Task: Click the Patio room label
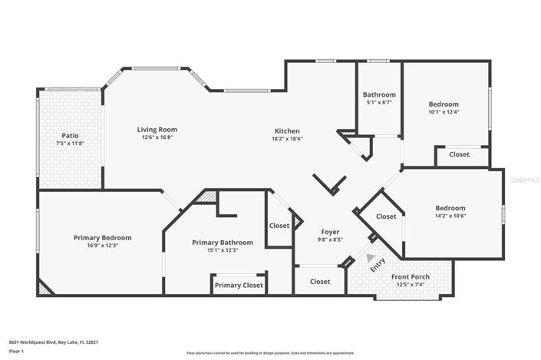pyautogui.click(x=70, y=135)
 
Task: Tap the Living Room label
pyautogui.click(x=157, y=130)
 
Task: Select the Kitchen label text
pyautogui.click(x=287, y=131)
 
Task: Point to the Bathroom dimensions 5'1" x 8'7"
pyautogui.click(x=379, y=102)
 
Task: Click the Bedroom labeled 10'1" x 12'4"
pyautogui.click(x=443, y=104)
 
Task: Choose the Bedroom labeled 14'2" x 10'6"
pyautogui.click(x=450, y=208)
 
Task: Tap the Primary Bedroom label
pyautogui.click(x=102, y=237)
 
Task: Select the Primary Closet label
pyautogui.click(x=239, y=285)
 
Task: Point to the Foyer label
pyautogui.click(x=331, y=232)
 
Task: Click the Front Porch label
pyautogui.click(x=410, y=277)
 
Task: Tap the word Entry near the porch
pyautogui.click(x=378, y=265)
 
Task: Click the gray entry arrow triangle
pyautogui.click(x=371, y=258)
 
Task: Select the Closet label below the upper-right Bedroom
pyautogui.click(x=459, y=154)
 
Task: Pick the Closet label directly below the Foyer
pyautogui.click(x=320, y=282)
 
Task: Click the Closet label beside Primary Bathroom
pyautogui.click(x=279, y=226)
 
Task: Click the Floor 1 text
pyautogui.click(x=17, y=352)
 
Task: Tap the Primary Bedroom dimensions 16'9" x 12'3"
pyautogui.click(x=102, y=245)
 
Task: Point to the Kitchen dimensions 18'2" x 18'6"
pyautogui.click(x=287, y=139)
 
